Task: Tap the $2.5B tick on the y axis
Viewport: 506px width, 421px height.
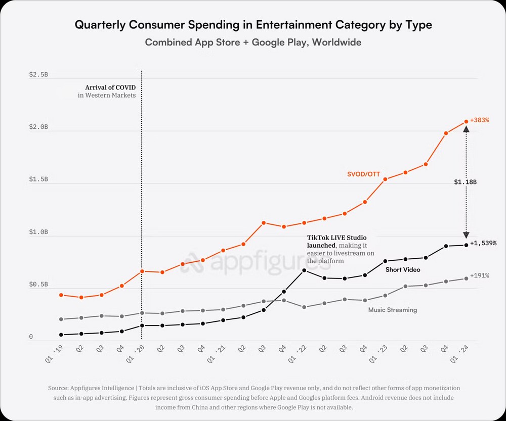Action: point(38,75)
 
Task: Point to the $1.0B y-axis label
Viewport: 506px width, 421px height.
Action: point(38,232)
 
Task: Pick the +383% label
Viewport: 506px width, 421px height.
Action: point(480,121)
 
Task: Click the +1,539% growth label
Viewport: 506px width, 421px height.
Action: point(483,243)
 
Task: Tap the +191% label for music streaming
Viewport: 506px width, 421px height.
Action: point(480,276)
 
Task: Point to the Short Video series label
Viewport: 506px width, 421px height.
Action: point(403,270)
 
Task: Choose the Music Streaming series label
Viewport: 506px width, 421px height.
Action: point(393,310)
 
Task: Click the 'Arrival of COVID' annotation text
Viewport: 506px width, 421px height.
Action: point(110,87)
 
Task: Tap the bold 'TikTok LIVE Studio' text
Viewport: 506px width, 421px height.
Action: point(337,237)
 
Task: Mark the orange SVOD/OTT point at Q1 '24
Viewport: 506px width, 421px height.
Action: point(466,121)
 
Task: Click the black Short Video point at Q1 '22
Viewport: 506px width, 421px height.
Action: point(304,270)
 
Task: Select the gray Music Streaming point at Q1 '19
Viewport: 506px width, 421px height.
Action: point(61,319)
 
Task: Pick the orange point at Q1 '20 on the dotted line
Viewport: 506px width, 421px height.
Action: point(142,271)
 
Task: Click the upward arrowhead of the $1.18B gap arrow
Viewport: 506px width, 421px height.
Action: point(466,129)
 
